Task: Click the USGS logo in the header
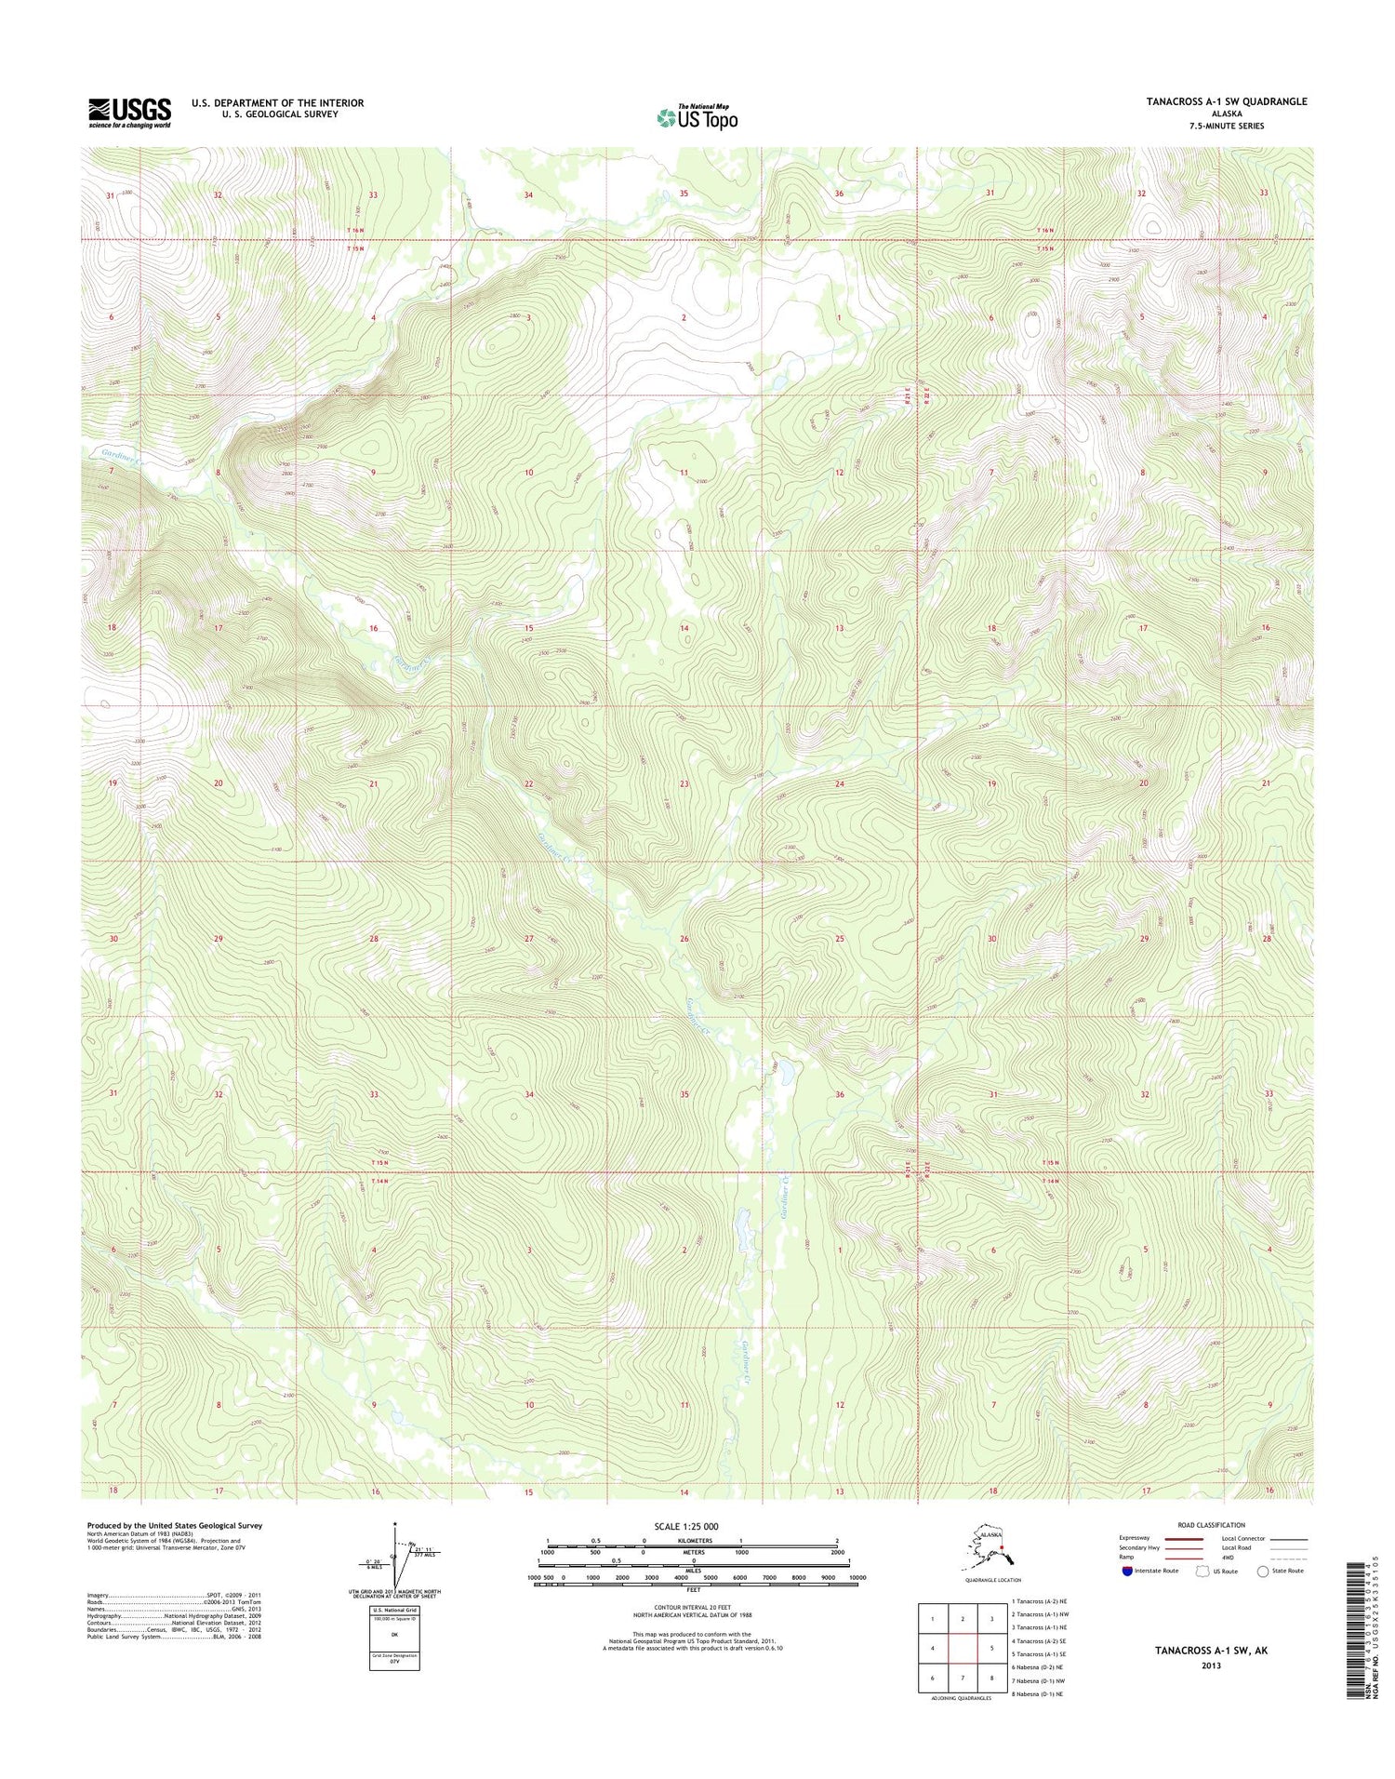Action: pos(129,112)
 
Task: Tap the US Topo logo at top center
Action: pos(697,117)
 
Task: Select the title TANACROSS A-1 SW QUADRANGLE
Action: pos(1226,101)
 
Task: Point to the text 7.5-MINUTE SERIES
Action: pos(1226,126)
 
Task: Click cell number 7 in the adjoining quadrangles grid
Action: pos(963,1677)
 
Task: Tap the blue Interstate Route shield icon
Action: pos(1127,1571)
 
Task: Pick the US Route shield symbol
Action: pos(1195,1571)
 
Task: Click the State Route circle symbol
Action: pos(1262,1571)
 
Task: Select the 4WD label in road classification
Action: pos(1229,1558)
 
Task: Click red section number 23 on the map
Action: pos(684,784)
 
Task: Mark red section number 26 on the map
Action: pos(684,939)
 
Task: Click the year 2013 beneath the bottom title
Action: pos(1210,1665)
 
